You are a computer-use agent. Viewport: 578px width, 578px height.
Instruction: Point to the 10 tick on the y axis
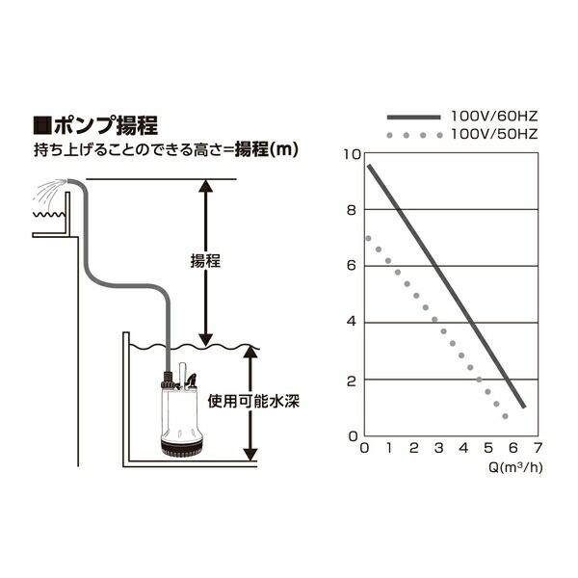[x=353, y=154]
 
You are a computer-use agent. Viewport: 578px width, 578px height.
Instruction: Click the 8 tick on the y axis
[x=353, y=210]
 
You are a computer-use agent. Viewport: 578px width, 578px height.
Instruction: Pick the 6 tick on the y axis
[x=353, y=266]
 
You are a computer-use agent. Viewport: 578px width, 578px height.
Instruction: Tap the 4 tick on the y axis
[x=353, y=322]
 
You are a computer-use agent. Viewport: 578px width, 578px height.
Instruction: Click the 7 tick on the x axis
[x=537, y=449]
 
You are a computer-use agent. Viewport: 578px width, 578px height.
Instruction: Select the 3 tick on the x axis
[x=438, y=449]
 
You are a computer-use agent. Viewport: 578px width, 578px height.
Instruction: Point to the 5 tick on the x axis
[x=487, y=449]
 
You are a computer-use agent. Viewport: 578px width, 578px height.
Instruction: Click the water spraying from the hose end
[x=43, y=192]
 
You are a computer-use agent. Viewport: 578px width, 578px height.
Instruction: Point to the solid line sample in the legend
[x=414, y=115]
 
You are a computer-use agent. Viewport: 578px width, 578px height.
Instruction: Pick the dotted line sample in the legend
[x=414, y=132]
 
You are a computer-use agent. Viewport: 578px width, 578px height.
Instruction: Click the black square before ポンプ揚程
[x=41, y=125]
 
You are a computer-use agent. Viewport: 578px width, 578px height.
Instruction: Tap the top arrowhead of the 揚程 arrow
[x=203, y=187]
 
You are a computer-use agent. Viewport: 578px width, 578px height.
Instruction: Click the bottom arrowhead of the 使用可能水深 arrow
[x=251, y=452]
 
